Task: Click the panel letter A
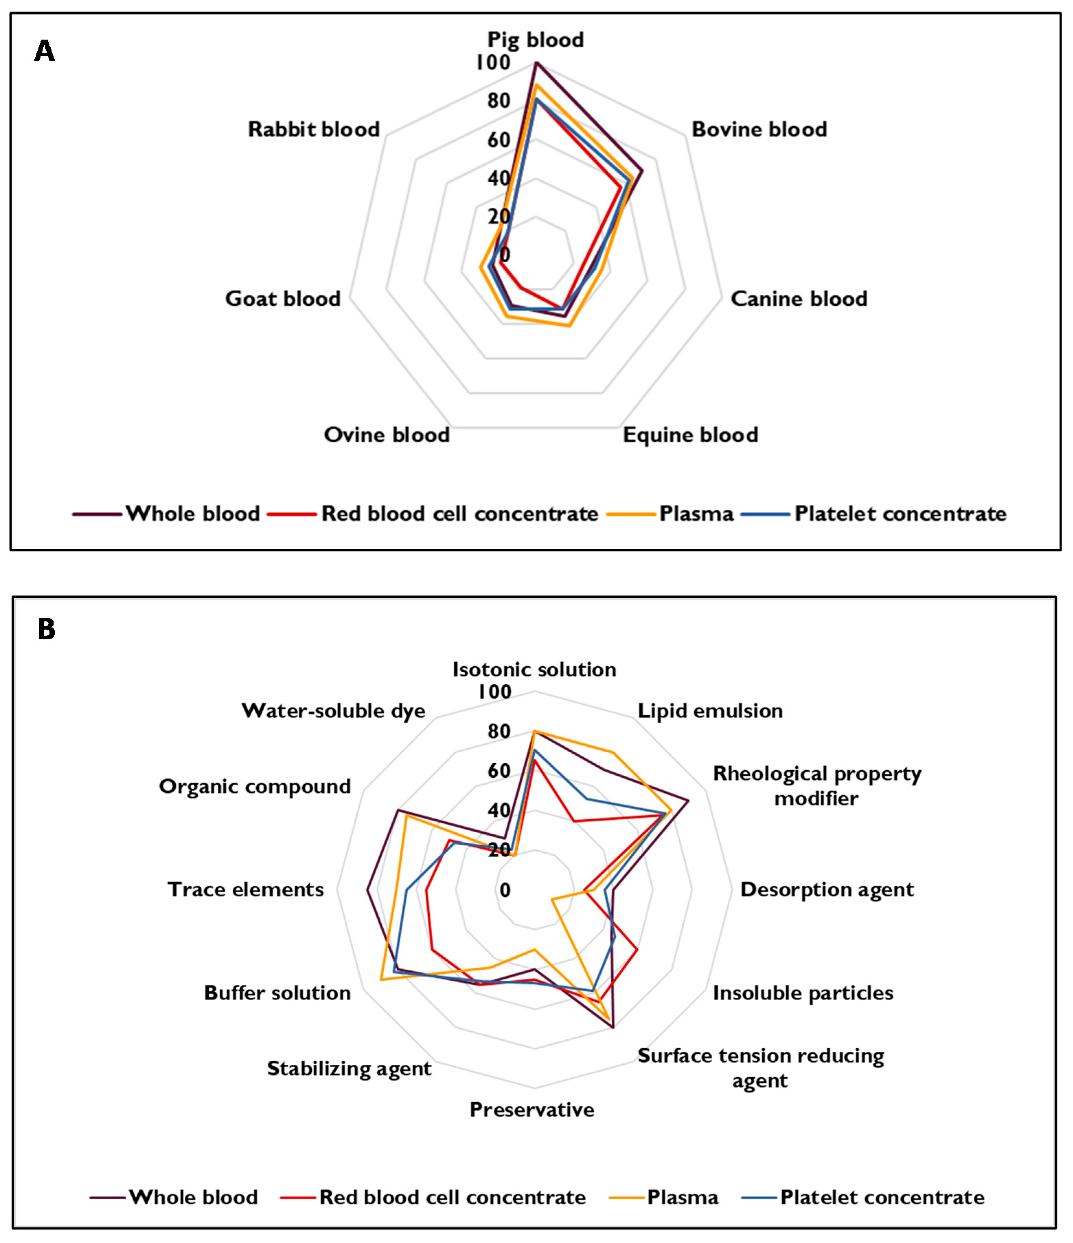coord(44,52)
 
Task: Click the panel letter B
coord(46,629)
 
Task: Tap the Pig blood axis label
coord(535,39)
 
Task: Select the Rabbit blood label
coord(314,129)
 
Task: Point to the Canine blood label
coord(798,299)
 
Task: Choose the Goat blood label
coord(282,299)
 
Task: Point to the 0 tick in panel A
coord(505,254)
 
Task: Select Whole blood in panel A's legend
coord(193,514)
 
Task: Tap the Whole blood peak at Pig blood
coord(535,62)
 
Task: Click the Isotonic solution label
coord(534,669)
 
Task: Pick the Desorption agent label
coord(827,889)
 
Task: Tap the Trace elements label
coord(245,889)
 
